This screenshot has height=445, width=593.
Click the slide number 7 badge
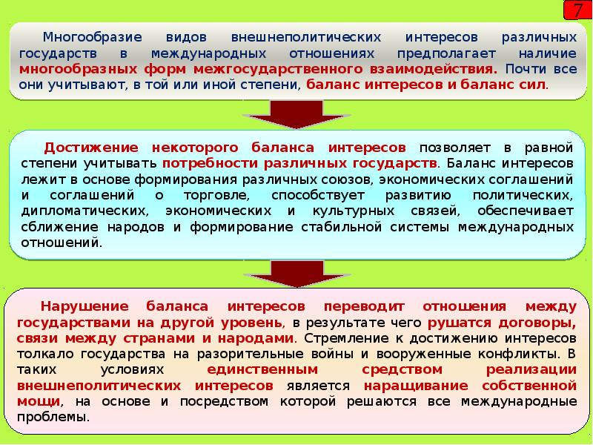(x=577, y=11)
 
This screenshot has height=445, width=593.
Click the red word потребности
(x=201, y=162)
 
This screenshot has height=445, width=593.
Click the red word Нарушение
(x=81, y=306)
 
